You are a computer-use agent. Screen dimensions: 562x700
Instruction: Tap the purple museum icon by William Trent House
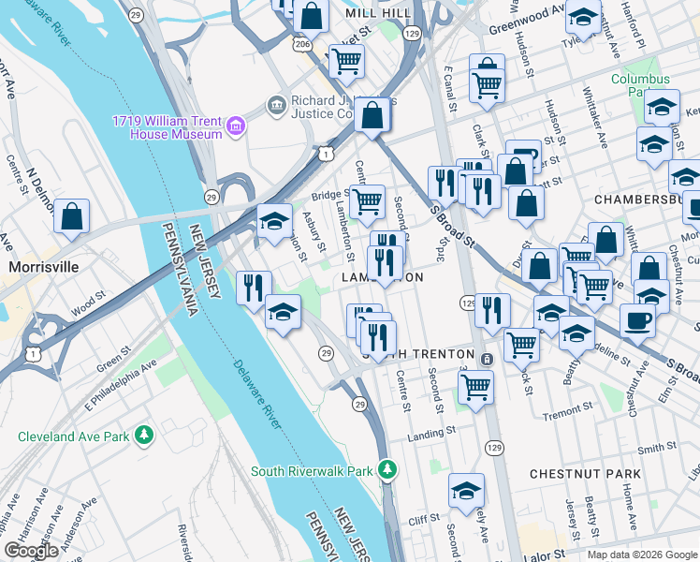pos(235,125)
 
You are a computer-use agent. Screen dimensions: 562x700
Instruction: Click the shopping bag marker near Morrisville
pos(72,217)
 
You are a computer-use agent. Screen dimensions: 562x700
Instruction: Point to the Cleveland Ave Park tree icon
pos(143,436)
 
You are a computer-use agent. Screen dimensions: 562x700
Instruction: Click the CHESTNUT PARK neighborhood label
pos(585,474)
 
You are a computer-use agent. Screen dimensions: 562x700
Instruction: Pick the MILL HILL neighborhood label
pos(377,14)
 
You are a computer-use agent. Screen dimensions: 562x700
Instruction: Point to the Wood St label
pos(82,304)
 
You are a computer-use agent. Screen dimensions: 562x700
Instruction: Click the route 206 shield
pos(301,44)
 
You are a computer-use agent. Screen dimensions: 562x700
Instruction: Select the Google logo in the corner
pos(30,551)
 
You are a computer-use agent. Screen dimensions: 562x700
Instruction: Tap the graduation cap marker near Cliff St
pos(466,491)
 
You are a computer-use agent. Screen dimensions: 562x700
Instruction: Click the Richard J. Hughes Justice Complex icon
pos(277,103)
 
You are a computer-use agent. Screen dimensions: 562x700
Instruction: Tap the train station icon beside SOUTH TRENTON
pos(487,360)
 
